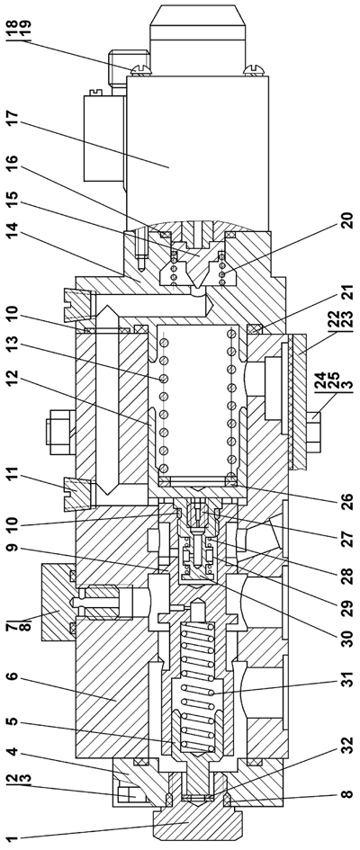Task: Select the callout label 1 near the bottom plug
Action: tap(13, 837)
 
